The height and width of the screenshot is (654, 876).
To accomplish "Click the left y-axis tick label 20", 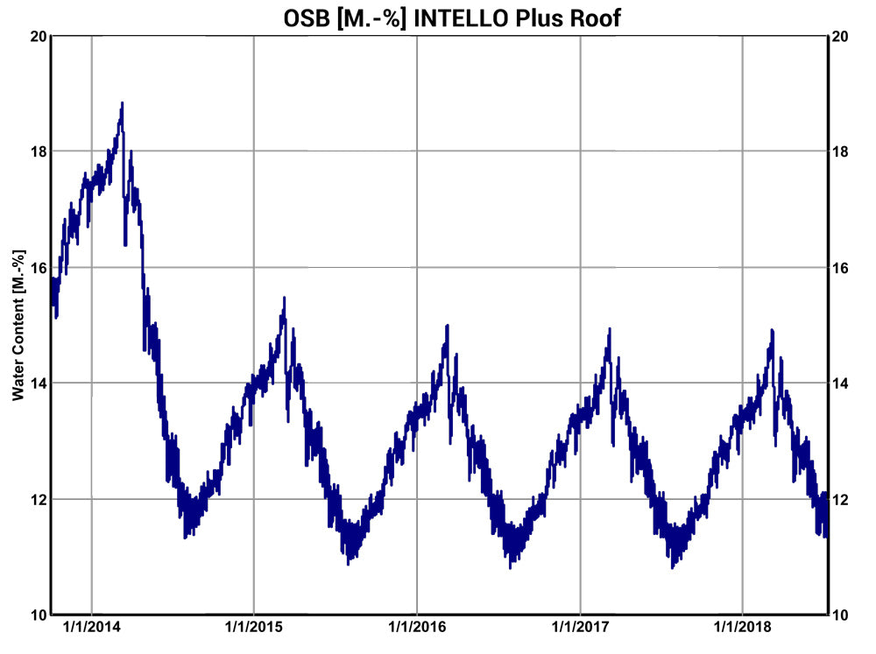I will click(x=38, y=36).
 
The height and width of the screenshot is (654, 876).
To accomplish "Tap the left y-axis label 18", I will click(x=38, y=151).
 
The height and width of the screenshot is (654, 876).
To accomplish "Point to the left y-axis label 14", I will click(x=38, y=383).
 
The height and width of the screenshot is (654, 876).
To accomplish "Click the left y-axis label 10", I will click(x=38, y=615).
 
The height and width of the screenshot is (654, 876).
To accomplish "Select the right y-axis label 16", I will click(x=839, y=268).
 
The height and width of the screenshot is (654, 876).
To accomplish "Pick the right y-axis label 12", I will click(x=839, y=499).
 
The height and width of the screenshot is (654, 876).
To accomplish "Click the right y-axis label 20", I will click(x=839, y=36).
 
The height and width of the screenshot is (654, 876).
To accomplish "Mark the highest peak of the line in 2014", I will click(x=123, y=103).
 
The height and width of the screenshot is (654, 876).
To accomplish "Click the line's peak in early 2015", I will click(x=285, y=299).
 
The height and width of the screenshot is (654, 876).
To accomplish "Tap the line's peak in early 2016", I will click(x=448, y=326).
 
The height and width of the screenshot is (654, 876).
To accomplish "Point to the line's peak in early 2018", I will click(x=772, y=331).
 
